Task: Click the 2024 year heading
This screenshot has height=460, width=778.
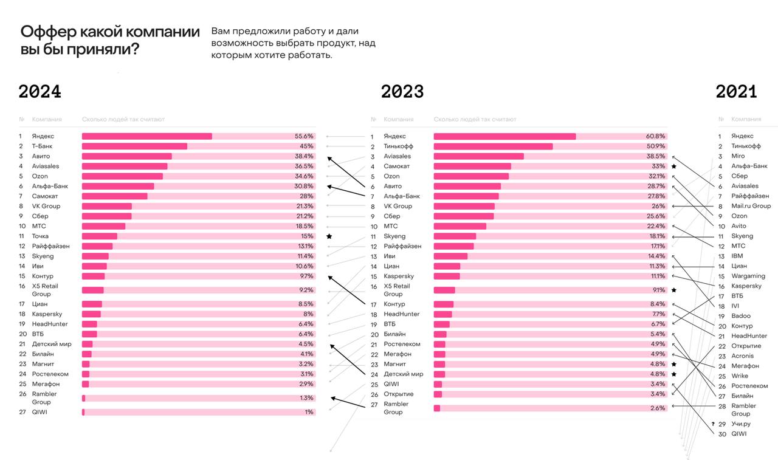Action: pos(40,92)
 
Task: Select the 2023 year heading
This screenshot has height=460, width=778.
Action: pos(402,92)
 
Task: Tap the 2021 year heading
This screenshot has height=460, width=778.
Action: pos(736,92)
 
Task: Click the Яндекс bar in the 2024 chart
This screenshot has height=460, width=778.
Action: pos(147,136)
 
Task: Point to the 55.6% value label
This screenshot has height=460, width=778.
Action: pos(304,136)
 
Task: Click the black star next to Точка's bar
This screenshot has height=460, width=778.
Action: pos(329,236)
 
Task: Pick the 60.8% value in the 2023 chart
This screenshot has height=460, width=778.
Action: pos(656,136)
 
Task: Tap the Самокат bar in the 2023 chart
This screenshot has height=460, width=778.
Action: pos(472,166)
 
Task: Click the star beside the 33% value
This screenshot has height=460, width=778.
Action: pos(673,166)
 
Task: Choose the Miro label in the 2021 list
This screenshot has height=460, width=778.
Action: pos(738,156)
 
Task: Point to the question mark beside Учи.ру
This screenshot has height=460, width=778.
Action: pos(712,424)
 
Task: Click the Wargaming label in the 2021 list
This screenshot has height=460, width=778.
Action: pos(748,276)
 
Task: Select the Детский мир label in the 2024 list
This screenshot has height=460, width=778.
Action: pos(52,344)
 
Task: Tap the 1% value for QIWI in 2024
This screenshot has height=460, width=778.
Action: pos(309,412)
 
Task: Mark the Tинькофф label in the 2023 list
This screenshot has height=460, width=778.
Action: pos(398,146)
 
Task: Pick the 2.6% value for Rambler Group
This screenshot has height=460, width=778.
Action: pos(658,408)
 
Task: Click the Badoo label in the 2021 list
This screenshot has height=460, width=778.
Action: pos(741,316)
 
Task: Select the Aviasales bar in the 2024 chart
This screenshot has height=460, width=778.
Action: pos(125,166)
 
